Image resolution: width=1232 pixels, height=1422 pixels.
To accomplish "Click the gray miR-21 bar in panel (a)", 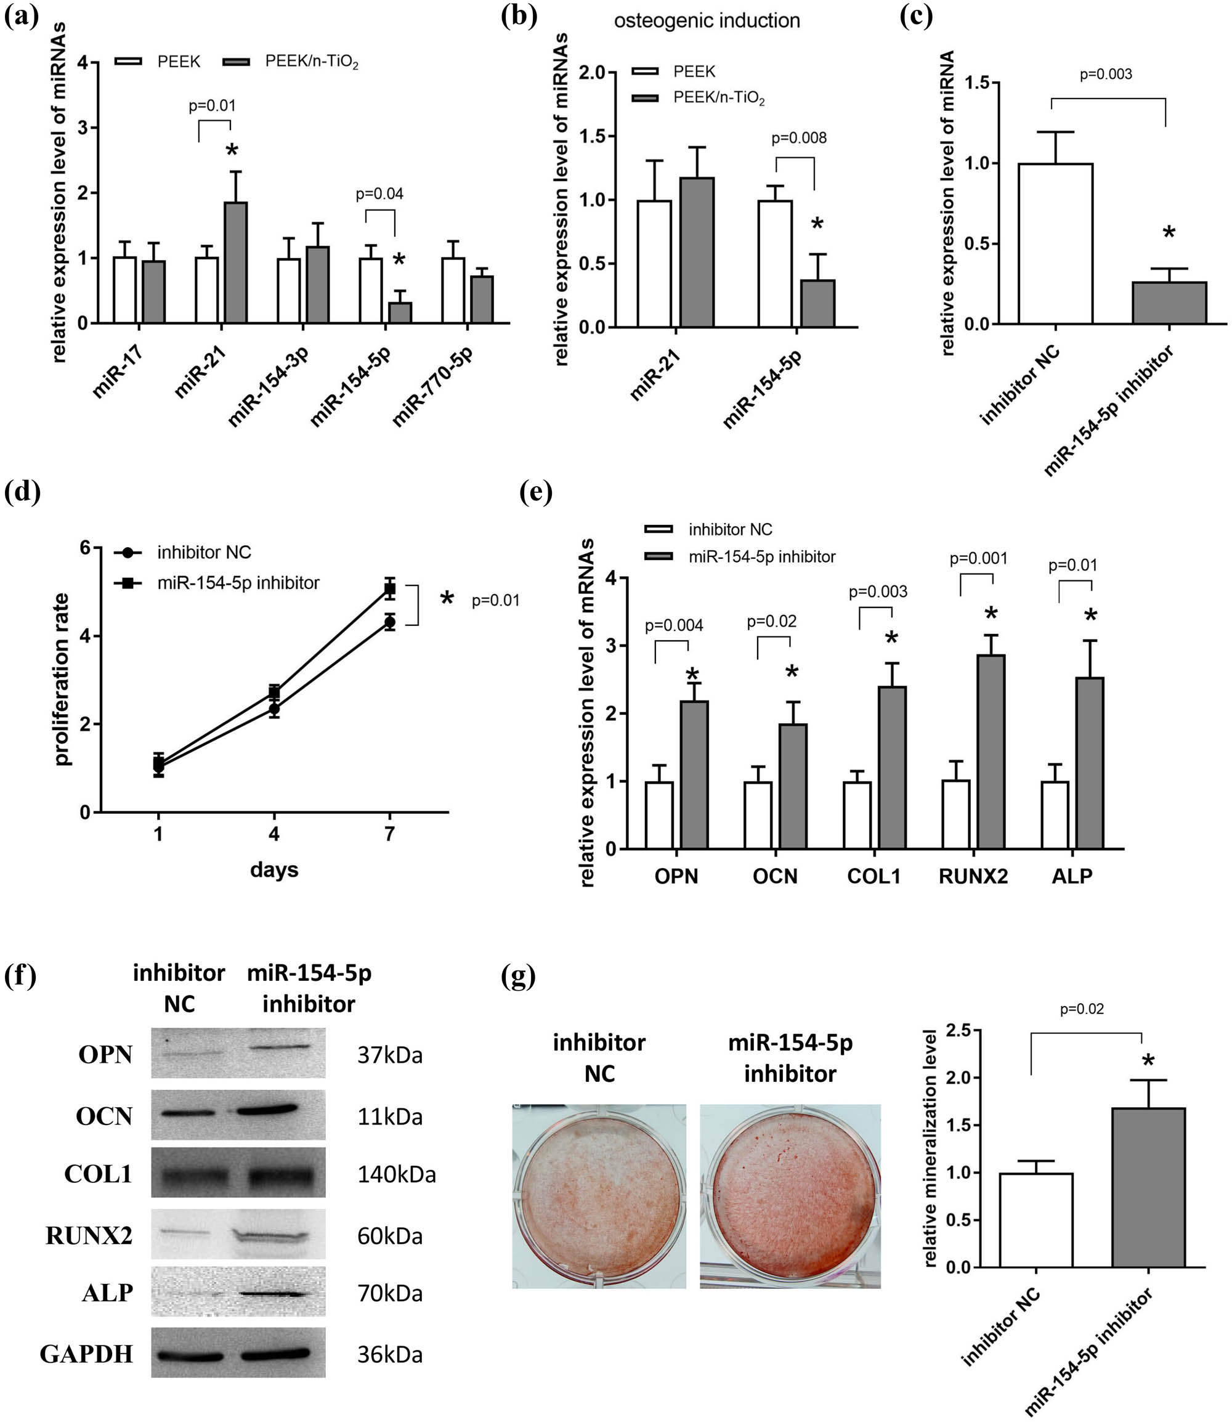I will [x=236, y=262].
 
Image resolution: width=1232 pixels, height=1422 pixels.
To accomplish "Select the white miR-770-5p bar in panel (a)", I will [x=453, y=290].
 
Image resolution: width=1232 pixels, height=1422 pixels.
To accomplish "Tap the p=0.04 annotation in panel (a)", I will [x=379, y=194].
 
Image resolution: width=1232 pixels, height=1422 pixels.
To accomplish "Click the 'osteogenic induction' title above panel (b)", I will [x=707, y=20].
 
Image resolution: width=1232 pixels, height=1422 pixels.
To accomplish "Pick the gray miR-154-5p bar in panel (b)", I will [x=817, y=303].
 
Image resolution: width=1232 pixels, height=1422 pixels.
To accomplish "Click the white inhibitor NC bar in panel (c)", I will [x=1055, y=243].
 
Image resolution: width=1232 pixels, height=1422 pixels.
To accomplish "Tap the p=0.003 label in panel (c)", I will [x=1106, y=75].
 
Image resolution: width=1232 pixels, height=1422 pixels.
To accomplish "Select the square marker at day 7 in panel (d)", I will [x=390, y=588].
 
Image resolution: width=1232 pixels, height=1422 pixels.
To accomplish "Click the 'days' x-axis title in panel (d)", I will [x=274, y=870].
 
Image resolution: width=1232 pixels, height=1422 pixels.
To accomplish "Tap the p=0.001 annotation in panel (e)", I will [x=978, y=558].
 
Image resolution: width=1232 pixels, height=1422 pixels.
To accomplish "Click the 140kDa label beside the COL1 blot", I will [x=396, y=1174].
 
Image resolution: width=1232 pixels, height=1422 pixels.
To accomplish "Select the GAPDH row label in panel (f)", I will [x=86, y=1354].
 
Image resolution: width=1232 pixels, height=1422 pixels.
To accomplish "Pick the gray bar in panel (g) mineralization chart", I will [x=1148, y=1187].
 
